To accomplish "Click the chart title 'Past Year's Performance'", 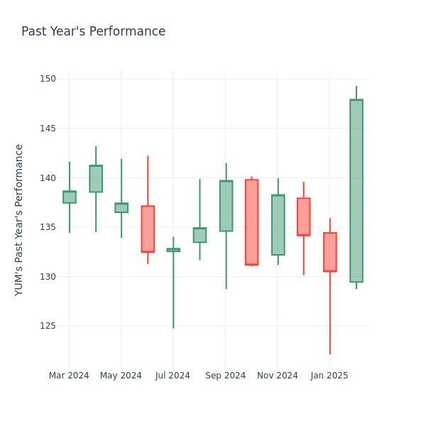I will [93, 32].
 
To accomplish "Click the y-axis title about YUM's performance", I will [19, 219].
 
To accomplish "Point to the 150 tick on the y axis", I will [48, 79].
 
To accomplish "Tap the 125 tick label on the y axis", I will [48, 326].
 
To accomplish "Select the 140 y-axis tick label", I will [48, 177].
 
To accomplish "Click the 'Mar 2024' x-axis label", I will [69, 376].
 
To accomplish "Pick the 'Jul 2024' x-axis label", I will [173, 376].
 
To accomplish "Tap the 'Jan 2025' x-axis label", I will [329, 376].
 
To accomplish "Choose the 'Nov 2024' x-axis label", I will [278, 376].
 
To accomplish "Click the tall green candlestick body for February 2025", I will [356, 191].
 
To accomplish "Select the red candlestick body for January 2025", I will [329, 252].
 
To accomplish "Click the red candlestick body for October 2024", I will [251, 222].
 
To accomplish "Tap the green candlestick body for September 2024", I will [226, 206].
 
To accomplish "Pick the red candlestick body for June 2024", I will [148, 229].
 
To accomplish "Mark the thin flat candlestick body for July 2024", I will [173, 250].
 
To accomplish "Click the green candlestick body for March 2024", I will [69, 197].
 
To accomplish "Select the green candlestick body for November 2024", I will [278, 225].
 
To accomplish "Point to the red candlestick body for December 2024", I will [303, 217].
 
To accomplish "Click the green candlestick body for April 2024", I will [96, 179].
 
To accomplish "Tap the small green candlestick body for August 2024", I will [200, 235].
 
